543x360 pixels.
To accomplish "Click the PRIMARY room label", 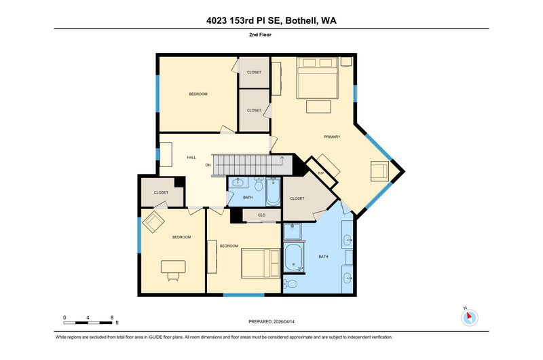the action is tap(332, 137).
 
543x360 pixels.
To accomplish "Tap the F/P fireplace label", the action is tap(320, 173).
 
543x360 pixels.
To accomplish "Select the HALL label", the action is tap(191, 158).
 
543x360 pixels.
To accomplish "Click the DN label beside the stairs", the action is tap(208, 165).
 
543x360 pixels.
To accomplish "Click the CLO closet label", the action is tap(261, 215).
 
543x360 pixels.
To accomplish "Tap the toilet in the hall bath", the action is tap(259, 184).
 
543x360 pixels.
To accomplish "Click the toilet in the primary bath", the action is tap(291, 284).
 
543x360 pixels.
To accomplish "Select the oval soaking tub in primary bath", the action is tap(294, 258).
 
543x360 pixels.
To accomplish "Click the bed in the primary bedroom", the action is tap(317, 78).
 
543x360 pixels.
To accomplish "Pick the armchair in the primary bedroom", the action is tap(379, 171).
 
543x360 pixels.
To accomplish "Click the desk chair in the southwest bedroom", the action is tap(173, 276).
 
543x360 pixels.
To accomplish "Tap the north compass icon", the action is tap(469, 317).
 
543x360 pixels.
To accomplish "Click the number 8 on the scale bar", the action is tap(112, 317).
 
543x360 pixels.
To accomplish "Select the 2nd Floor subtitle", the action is tap(260, 35).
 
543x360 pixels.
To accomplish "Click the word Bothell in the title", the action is tap(301, 21).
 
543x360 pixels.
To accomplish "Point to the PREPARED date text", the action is tap(271, 321).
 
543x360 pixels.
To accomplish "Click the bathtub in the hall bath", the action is tap(273, 192).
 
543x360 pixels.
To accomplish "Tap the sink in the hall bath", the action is tap(238, 182).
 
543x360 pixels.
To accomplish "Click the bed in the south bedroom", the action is tap(261, 264).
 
